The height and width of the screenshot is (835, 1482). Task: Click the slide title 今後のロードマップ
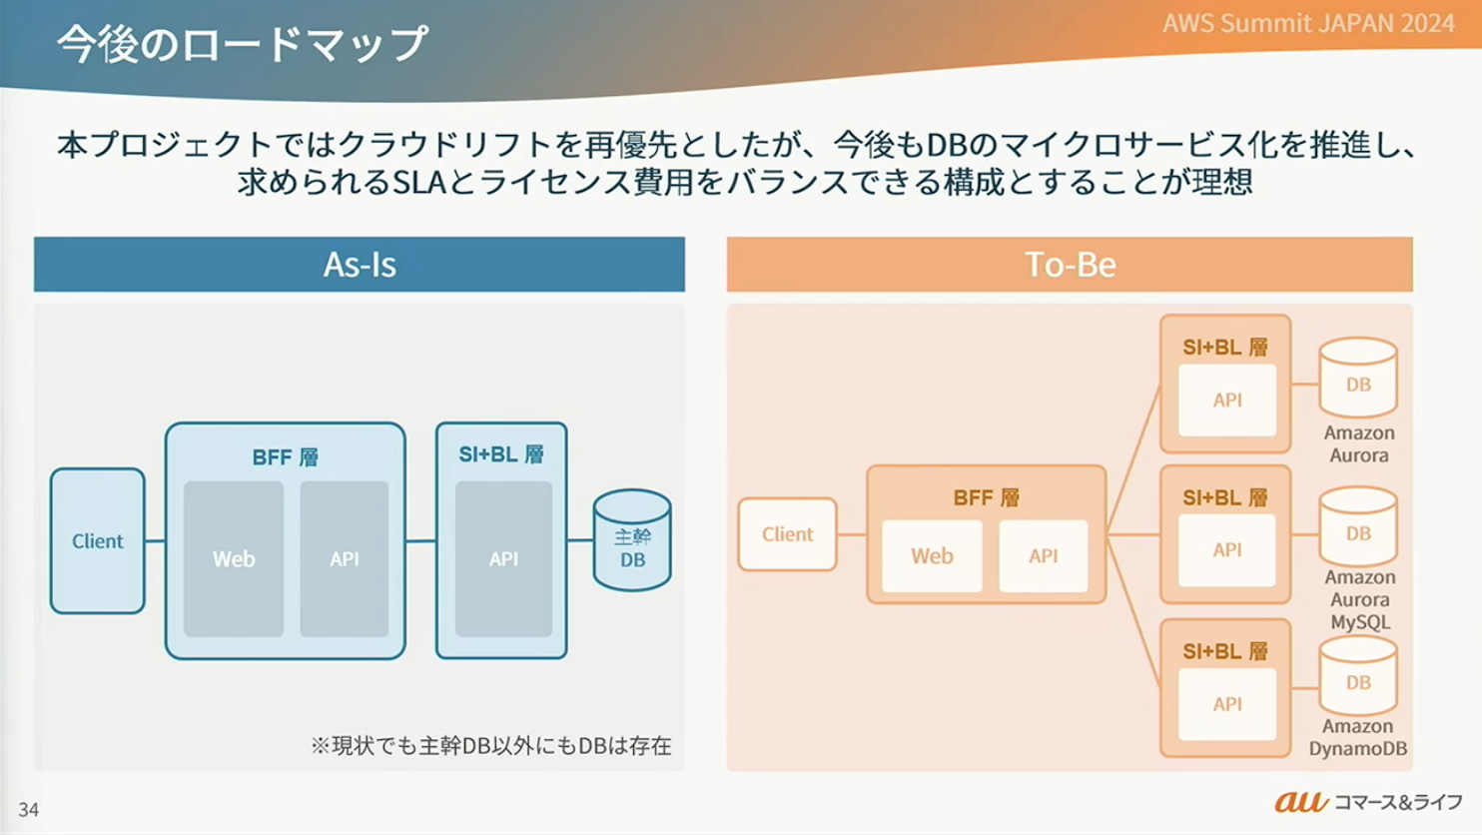(243, 45)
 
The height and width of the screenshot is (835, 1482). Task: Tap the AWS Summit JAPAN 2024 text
(1308, 23)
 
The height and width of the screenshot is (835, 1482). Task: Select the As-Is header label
(360, 265)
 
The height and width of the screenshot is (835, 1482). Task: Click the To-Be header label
(1070, 265)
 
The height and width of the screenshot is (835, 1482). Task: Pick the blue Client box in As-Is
(97, 540)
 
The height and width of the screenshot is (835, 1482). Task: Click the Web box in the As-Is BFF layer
(234, 559)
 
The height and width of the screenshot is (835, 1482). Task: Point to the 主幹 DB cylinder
(632, 541)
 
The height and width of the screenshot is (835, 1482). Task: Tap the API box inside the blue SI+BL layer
(503, 559)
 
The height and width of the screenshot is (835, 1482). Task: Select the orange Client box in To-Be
(787, 534)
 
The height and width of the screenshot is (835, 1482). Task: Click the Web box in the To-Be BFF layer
(932, 555)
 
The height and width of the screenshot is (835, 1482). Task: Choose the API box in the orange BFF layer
(1043, 555)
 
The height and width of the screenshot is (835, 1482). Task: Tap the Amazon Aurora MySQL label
(1359, 599)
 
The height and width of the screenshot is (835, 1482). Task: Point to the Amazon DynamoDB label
(1357, 738)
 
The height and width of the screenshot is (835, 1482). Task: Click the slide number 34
(29, 809)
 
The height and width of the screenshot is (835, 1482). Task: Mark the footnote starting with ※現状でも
(490, 745)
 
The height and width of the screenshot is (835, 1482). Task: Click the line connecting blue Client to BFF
(155, 541)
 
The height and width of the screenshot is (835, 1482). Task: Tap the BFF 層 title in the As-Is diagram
(285, 457)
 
